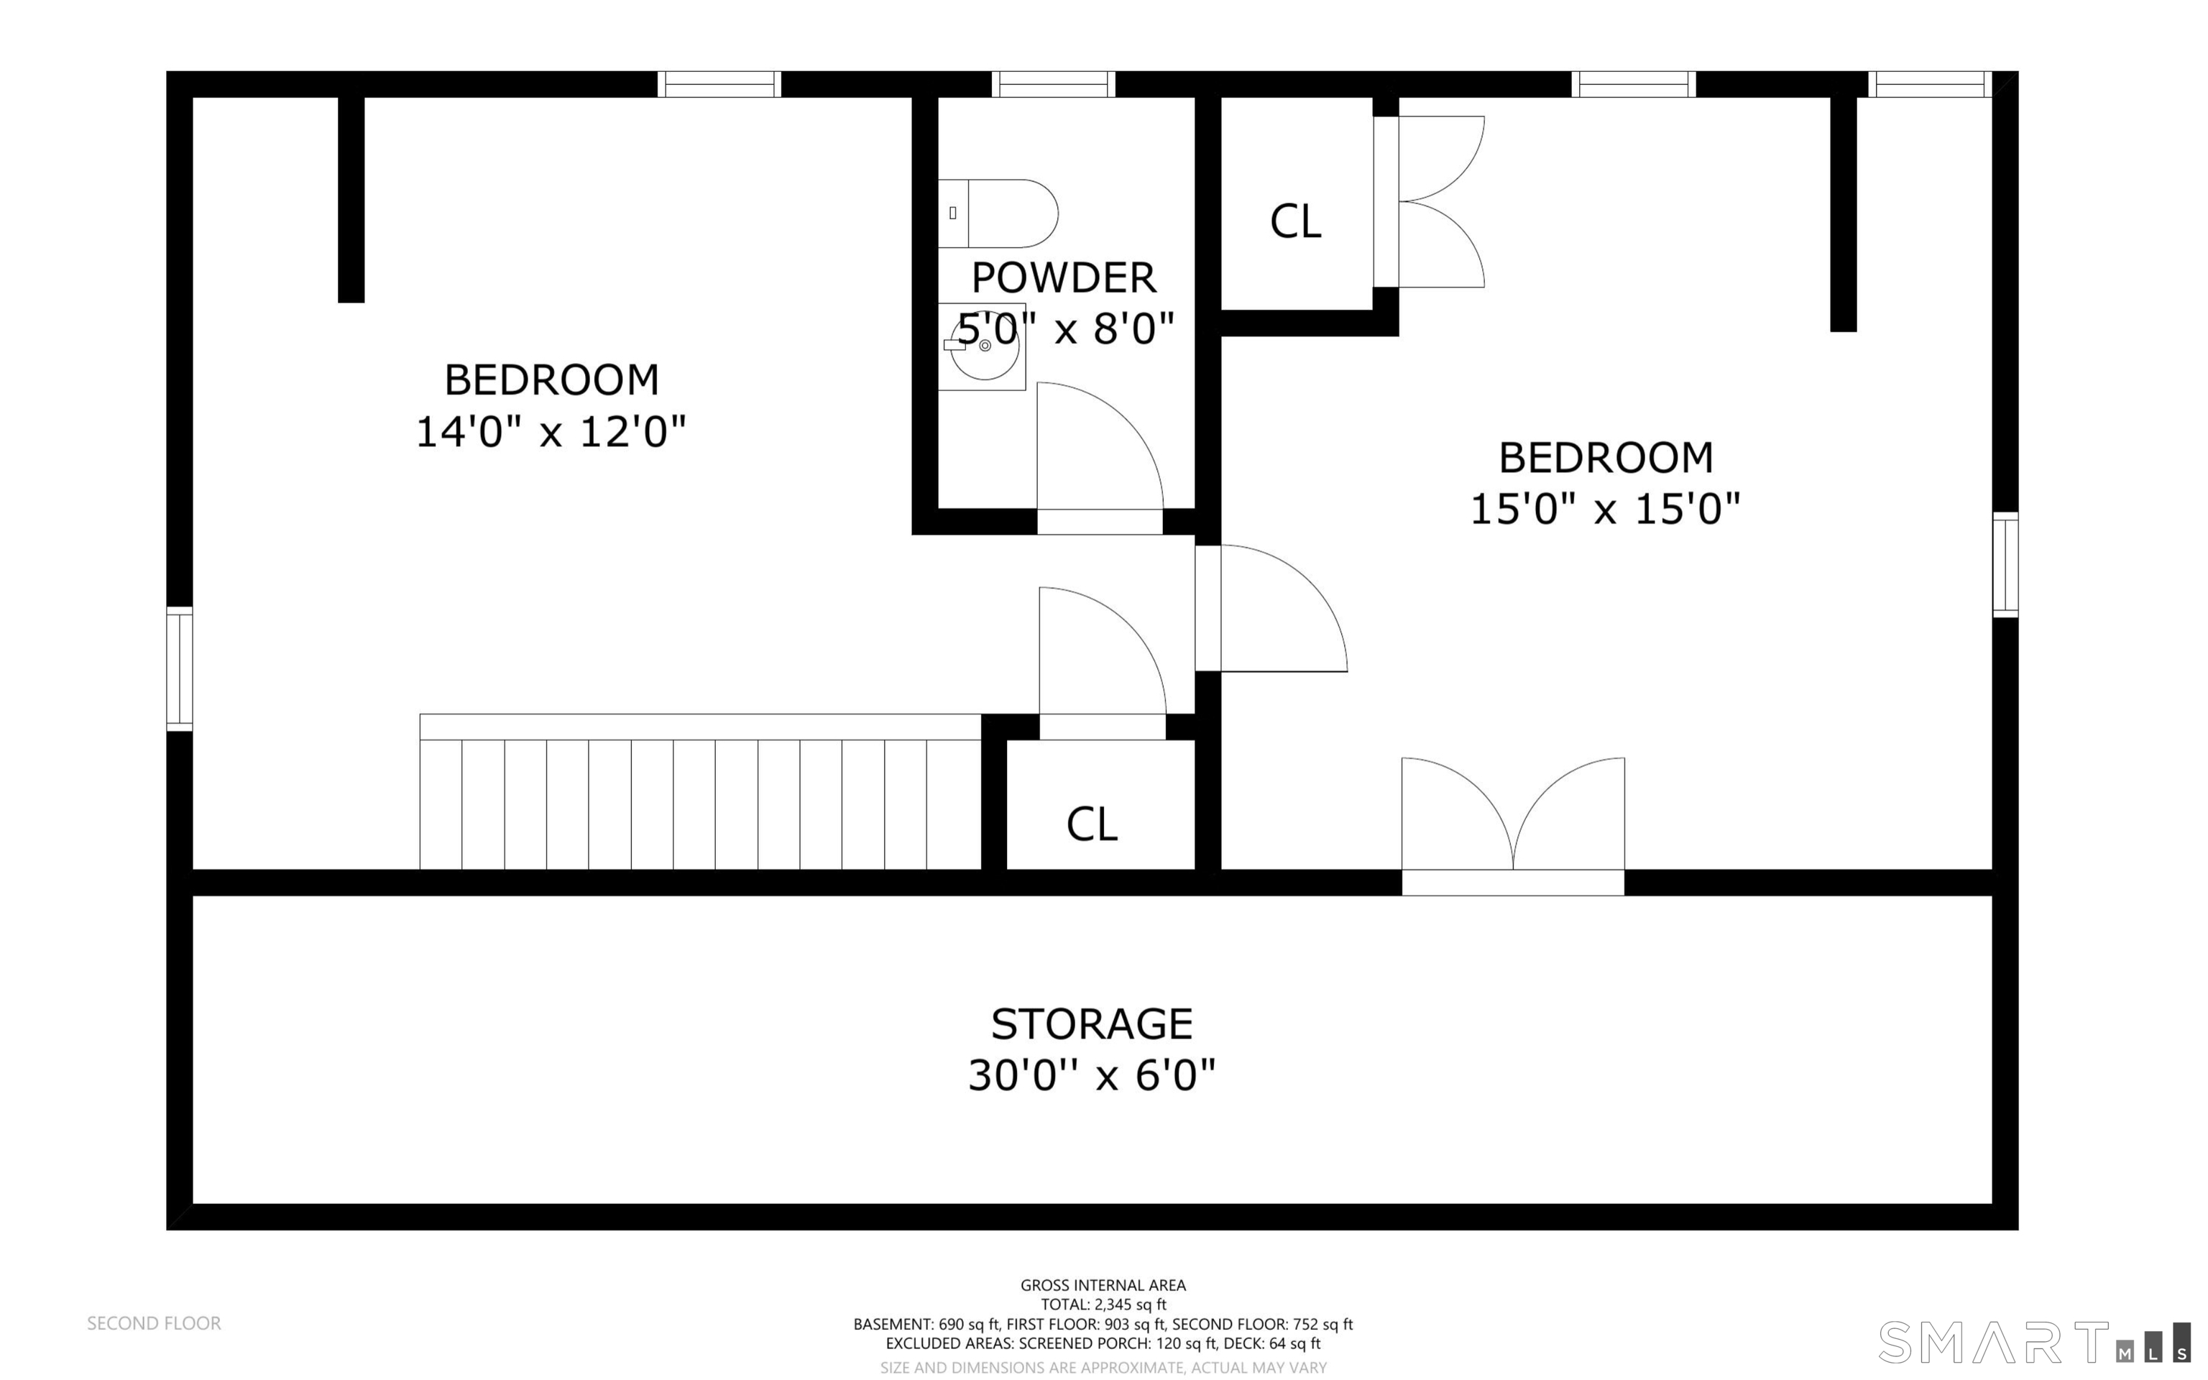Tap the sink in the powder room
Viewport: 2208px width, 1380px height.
983,347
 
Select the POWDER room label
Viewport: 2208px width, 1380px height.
1064,277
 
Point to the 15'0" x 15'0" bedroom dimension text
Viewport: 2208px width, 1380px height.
1606,508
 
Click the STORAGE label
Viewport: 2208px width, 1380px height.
1092,1024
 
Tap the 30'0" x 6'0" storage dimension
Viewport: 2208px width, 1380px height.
1092,1075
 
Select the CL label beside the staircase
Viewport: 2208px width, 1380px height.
1092,824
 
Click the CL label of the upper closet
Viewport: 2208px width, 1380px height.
1296,221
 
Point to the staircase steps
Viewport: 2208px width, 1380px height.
700,791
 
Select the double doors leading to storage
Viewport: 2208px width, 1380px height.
1513,825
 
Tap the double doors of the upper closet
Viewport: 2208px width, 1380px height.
1429,202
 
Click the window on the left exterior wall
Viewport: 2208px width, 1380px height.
180,669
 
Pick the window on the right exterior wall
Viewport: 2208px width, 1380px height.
2005,564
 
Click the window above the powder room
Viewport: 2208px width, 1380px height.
1054,84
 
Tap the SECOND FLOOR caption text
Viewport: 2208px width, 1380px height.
155,1322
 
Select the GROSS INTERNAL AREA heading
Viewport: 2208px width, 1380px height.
1103,1285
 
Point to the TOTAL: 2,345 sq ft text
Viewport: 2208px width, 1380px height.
1103,1305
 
